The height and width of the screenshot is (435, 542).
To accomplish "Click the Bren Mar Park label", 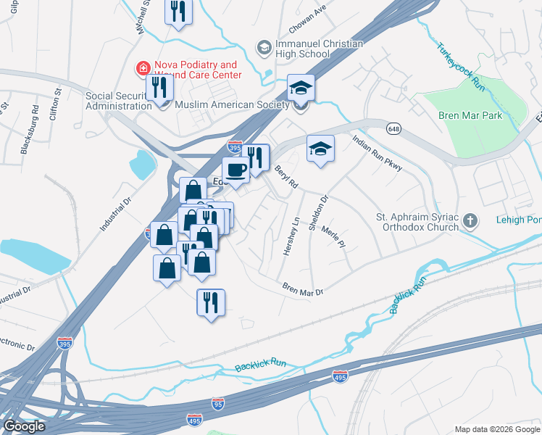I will (470, 115).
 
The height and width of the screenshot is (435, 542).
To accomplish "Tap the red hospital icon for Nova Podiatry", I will (143, 70).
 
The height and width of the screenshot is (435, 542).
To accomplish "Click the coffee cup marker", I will (235, 171).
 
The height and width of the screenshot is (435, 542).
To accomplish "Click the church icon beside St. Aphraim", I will (470, 220).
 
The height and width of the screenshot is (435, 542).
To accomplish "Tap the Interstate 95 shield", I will (217, 402).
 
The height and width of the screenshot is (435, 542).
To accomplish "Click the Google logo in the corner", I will (24, 426).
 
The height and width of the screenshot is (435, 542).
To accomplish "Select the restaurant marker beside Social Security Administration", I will (157, 88).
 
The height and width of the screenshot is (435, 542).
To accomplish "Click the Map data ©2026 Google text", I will (496, 428).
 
